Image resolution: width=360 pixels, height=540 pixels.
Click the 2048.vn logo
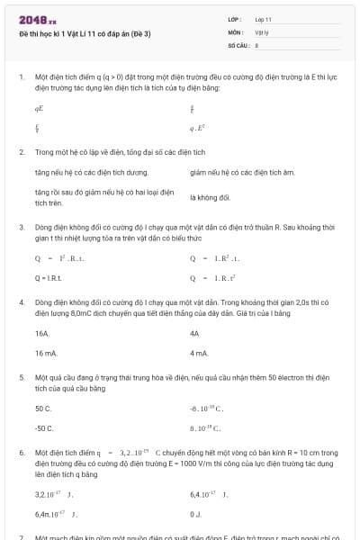(38, 19)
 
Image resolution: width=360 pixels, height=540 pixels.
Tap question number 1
(21, 78)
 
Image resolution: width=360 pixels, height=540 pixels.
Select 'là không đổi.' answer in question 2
(211, 197)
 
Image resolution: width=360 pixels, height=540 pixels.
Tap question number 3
(21, 229)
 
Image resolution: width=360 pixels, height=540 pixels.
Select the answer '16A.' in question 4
(42, 333)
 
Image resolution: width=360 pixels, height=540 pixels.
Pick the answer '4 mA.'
(200, 353)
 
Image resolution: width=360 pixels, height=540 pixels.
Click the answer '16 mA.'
(46, 353)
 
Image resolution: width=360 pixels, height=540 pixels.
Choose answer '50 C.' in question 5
(43, 409)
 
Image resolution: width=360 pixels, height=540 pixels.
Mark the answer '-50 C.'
(44, 428)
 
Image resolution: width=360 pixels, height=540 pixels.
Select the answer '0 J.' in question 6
(196, 513)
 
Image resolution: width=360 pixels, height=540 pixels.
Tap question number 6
(21, 454)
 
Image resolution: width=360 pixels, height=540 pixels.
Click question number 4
(21, 302)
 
